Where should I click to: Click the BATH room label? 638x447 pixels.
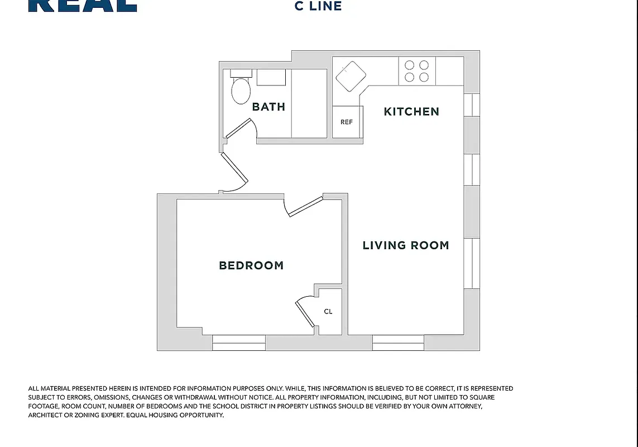tap(268, 107)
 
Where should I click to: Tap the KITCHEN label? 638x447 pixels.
tap(411, 112)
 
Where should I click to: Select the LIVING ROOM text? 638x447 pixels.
tap(406, 245)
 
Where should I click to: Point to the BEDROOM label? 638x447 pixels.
tap(251, 265)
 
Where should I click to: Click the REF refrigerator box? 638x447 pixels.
tap(347, 122)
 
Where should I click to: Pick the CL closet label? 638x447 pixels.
tap(328, 311)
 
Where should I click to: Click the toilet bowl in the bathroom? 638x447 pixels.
tap(241, 91)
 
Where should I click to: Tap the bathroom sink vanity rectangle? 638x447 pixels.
tap(271, 77)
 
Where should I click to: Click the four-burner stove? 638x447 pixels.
tap(417, 72)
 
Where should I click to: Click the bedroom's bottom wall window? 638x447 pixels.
tap(239, 343)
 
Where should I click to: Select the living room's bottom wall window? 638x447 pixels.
tap(398, 343)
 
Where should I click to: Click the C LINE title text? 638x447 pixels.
tap(318, 7)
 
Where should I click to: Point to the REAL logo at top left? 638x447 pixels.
tap(83, 6)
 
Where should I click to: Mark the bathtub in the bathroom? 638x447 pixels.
tap(309, 103)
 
